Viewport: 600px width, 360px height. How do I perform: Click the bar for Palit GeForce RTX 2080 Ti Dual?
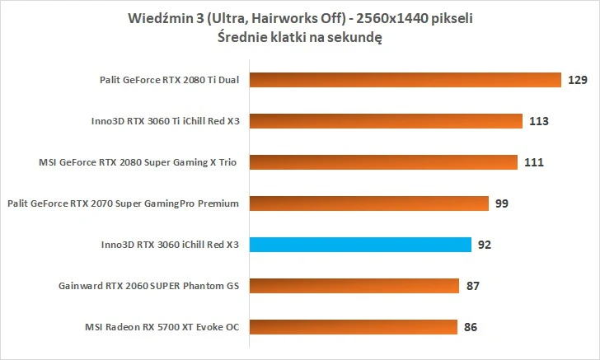coord(404,80)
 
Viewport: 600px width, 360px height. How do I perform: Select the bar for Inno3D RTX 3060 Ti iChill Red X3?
coord(385,121)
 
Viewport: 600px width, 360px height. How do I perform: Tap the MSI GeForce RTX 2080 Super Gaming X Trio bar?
coord(382,162)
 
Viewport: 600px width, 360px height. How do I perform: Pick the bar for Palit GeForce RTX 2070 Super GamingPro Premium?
coord(367,203)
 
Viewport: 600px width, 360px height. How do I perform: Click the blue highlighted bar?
coord(359,244)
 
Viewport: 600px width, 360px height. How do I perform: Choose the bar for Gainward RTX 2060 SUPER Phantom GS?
coord(352,285)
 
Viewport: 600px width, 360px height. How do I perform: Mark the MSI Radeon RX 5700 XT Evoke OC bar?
coord(351,326)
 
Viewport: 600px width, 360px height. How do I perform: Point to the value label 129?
coord(575,80)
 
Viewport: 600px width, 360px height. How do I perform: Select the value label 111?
coord(533,162)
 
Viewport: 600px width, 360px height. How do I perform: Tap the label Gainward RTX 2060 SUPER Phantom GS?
coord(148,286)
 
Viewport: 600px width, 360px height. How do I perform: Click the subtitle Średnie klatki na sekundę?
coord(300,38)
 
